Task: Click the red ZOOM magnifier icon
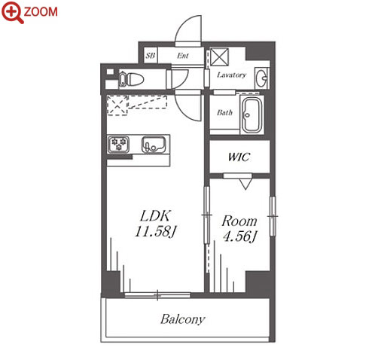click(x=13, y=12)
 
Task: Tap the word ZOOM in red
click(x=41, y=12)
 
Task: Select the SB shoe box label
click(x=151, y=55)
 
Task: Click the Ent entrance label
click(x=183, y=56)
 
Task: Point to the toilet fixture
click(x=131, y=79)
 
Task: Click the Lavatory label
click(x=231, y=75)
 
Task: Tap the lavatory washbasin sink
click(x=261, y=78)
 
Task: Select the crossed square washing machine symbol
click(x=219, y=57)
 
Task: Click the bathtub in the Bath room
click(x=252, y=114)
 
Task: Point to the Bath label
click(x=224, y=112)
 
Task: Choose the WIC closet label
click(x=239, y=157)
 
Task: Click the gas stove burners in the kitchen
click(x=118, y=145)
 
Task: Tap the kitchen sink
click(x=154, y=145)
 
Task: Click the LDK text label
click(x=156, y=216)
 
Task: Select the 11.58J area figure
click(x=155, y=231)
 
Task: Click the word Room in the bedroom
click(x=239, y=221)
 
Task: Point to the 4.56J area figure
click(x=239, y=236)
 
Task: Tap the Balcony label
click(x=183, y=319)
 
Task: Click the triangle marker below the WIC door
click(x=245, y=184)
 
